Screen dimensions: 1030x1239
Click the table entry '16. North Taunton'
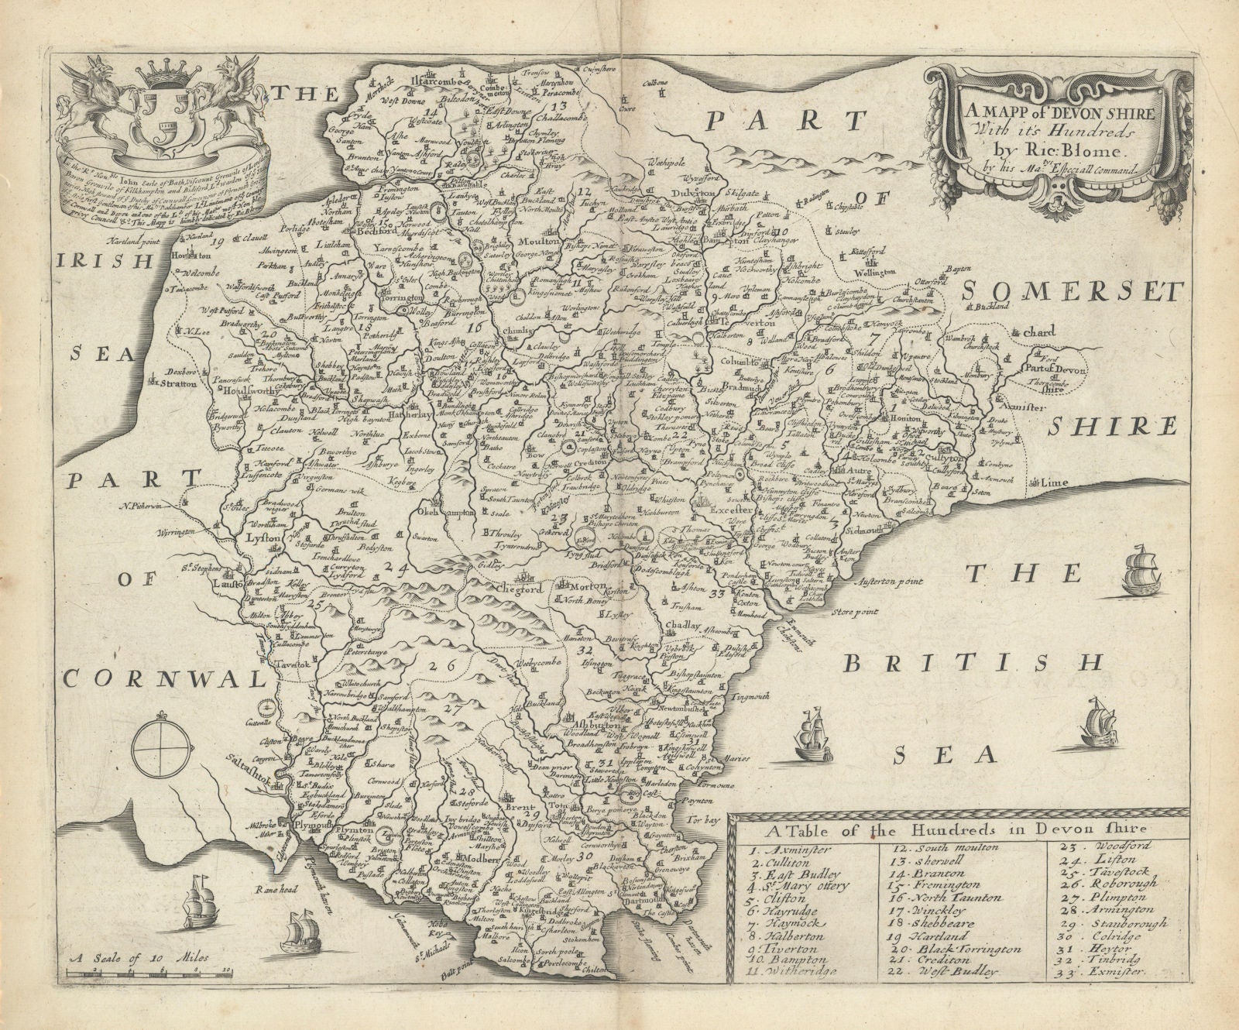click(945, 898)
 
